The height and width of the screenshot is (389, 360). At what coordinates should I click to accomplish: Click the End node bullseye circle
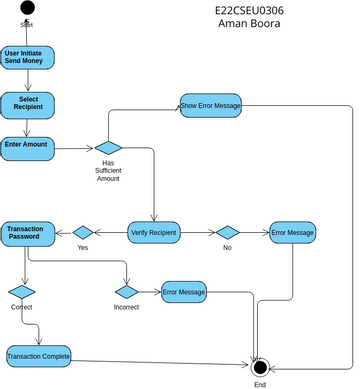[x=260, y=367]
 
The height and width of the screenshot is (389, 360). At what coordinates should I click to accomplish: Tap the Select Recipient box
[x=27, y=104]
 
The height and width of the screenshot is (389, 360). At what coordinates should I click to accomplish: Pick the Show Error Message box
[x=210, y=106]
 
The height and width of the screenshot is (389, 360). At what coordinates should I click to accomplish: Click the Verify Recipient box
[x=153, y=233]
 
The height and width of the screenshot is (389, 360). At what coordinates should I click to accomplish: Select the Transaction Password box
[x=26, y=234]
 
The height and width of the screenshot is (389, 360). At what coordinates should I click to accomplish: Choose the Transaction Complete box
[x=38, y=357]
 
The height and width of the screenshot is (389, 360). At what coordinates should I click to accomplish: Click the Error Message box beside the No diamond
[x=292, y=233]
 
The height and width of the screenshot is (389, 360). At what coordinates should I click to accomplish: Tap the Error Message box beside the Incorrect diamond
[x=184, y=292]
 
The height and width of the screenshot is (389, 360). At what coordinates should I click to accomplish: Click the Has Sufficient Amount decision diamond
[x=108, y=148]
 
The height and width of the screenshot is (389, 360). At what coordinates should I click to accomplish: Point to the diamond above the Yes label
[x=83, y=232]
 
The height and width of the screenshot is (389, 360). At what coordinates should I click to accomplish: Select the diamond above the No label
[x=227, y=232]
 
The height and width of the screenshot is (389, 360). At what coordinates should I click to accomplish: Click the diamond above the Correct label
[x=22, y=292]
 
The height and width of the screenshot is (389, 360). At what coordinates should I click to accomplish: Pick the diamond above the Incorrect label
[x=126, y=292]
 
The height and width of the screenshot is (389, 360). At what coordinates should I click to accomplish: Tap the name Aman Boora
[x=249, y=24]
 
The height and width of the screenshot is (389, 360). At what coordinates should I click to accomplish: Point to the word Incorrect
[x=126, y=307]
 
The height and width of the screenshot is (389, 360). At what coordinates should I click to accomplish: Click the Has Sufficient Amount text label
[x=108, y=170]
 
